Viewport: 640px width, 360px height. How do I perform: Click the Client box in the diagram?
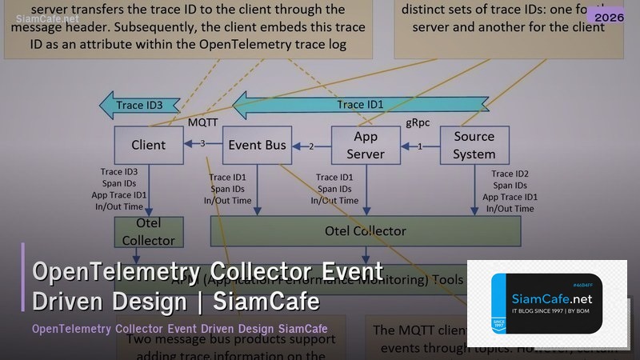click(x=148, y=145)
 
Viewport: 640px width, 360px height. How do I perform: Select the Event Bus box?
click(x=256, y=145)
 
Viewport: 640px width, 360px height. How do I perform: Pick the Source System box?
click(x=474, y=145)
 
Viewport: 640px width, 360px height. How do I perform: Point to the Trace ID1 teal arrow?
click(x=360, y=105)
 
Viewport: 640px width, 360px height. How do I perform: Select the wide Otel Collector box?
click(x=365, y=230)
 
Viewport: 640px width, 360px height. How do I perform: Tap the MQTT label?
click(x=203, y=122)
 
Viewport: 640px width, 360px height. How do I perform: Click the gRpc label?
click(x=421, y=122)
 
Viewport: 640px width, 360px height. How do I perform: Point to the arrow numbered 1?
click(x=421, y=146)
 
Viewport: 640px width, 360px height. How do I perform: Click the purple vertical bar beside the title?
click(x=23, y=287)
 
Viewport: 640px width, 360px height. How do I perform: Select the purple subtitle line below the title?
click(x=179, y=329)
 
